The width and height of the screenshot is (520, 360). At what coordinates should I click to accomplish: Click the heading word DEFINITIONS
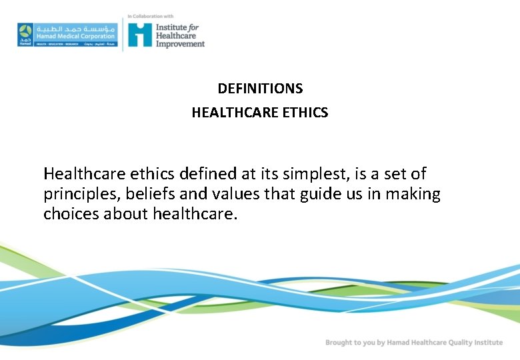pos(260,89)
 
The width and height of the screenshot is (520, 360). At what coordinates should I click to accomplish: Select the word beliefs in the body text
pos(151,195)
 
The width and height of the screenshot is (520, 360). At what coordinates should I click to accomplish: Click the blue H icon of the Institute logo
pos(140,34)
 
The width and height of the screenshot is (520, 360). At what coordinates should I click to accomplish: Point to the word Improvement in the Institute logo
pos(180,44)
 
